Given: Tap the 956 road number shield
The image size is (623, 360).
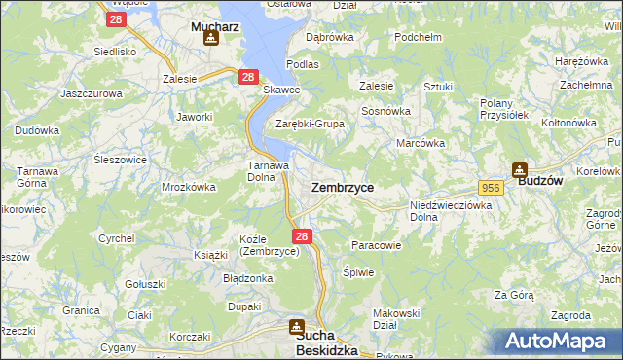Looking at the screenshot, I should [490, 186].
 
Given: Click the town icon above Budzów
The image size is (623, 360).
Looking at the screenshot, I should [520, 167].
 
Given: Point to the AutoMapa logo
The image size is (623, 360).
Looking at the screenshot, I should [556, 342].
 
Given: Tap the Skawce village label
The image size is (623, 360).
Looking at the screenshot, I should [282, 90].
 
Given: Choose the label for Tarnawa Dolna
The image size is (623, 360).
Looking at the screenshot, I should [266, 171].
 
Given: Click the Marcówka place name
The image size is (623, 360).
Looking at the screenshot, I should [421, 143].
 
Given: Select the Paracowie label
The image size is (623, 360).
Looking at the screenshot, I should [376, 245].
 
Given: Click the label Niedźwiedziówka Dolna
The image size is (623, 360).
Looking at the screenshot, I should [451, 211].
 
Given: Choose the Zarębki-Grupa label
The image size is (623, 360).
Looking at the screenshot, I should [310, 124].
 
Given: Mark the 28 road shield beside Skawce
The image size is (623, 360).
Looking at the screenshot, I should [248, 77].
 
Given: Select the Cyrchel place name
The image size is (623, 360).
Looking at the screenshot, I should [116, 238].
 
